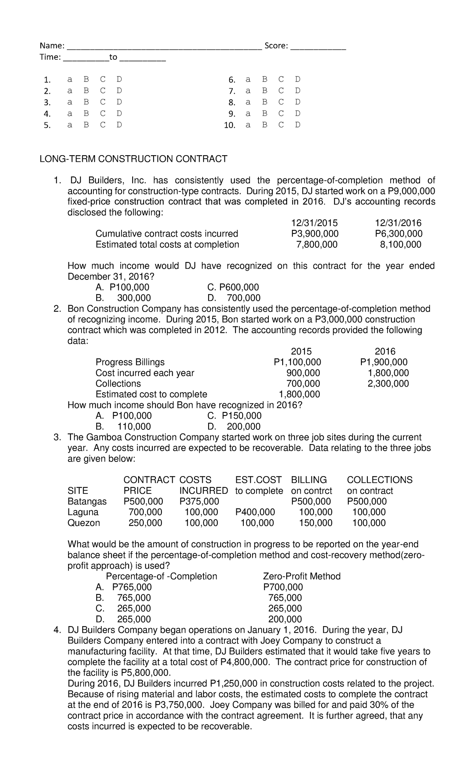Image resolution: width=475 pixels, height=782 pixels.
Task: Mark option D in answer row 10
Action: coord(298,125)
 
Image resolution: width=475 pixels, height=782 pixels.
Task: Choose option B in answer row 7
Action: coord(264,91)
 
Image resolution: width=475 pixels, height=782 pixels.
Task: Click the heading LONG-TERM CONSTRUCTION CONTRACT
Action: coord(133,159)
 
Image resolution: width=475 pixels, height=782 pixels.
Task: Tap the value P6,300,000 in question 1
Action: coord(398,233)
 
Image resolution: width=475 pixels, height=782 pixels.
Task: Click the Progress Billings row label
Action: coord(130,362)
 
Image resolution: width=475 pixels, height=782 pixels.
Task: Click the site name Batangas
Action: coord(87,501)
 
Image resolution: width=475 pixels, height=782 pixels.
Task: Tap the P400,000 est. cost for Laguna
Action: coord(255,512)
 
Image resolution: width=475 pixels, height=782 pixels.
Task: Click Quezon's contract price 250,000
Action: coord(145,523)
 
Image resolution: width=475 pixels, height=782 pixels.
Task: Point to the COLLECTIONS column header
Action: coord(379,480)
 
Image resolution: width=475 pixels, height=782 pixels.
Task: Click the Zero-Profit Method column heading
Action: coord(302,576)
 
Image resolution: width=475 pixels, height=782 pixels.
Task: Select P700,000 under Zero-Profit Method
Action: coord(283,587)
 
